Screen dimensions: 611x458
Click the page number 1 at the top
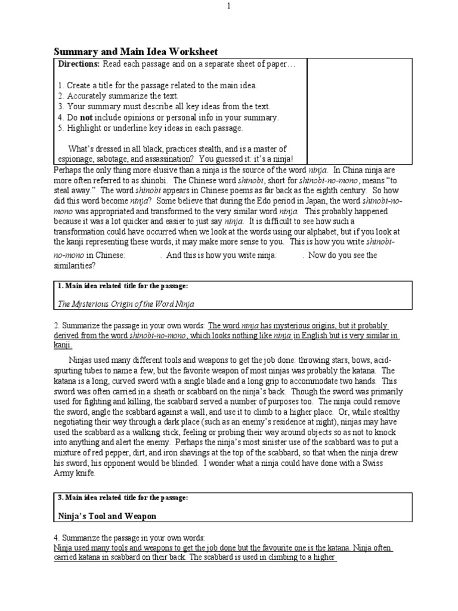coord(228,7)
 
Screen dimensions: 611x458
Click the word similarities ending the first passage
coord(76,267)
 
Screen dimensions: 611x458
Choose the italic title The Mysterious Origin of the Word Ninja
coord(126,303)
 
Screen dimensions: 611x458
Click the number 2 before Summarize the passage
coord(56,326)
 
